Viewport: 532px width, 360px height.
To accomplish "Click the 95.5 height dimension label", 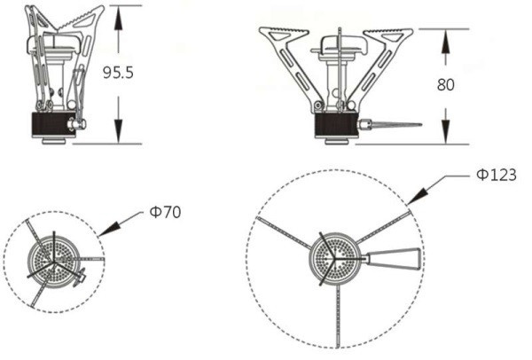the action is (118, 73).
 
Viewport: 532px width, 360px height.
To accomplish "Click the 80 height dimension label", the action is (445, 84).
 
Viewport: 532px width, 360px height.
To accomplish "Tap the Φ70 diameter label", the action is (165, 213).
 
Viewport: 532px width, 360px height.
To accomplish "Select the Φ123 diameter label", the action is (497, 175).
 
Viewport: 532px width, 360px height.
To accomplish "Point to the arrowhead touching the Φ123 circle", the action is (417, 196).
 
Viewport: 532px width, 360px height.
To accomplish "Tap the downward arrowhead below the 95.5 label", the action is (118, 130).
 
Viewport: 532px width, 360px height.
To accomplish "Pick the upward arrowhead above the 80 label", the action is (445, 42).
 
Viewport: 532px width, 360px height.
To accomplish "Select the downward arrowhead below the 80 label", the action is (445, 131).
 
